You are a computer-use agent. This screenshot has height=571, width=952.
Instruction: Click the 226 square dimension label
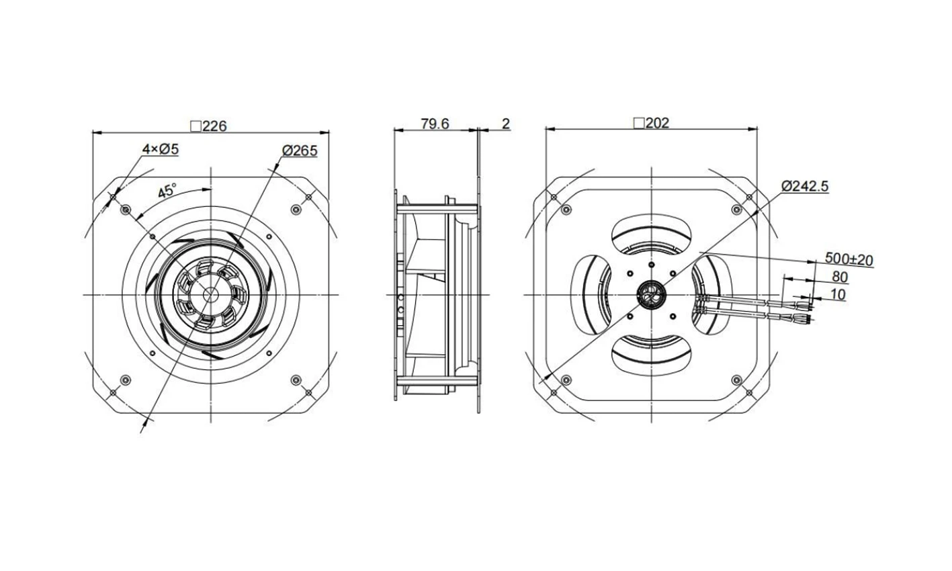pyautogui.click(x=209, y=126)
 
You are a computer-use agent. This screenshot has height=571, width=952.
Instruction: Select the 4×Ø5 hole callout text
pyautogui.click(x=160, y=149)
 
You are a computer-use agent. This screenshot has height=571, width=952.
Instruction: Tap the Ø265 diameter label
pyautogui.click(x=300, y=150)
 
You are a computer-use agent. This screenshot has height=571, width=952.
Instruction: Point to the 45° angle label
pyautogui.click(x=167, y=191)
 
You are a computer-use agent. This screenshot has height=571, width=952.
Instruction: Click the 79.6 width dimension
pyautogui.click(x=435, y=124)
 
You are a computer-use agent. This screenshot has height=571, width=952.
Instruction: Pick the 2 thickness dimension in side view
pyautogui.click(x=506, y=124)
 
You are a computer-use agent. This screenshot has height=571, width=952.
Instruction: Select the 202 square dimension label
pyautogui.click(x=651, y=123)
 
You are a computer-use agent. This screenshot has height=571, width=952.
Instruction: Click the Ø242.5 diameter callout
pyautogui.click(x=805, y=186)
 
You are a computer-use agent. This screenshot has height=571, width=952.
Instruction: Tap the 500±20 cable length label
pyautogui.click(x=849, y=259)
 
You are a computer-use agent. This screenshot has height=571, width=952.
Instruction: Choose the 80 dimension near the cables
pyautogui.click(x=840, y=277)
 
